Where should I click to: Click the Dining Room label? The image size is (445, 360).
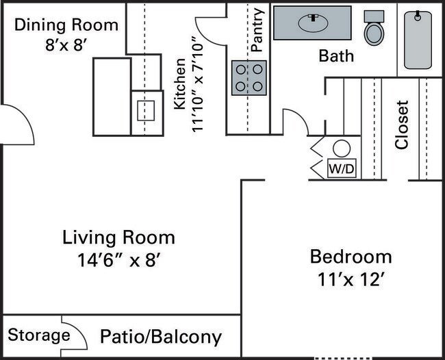pos(66,25)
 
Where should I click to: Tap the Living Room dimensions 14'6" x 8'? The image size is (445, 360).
pos(118,261)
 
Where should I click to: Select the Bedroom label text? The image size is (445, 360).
pos(351,257)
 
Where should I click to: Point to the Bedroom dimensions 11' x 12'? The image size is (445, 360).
pos(351,279)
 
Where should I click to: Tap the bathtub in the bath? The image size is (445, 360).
pos(418,40)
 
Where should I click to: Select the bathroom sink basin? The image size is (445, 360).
pos(313,23)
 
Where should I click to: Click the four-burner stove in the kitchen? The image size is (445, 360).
pos(249,77)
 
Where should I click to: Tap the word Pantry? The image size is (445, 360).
pos(257,30)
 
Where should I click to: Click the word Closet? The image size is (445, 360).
pos(402,125)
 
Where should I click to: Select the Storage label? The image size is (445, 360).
pos(39,335)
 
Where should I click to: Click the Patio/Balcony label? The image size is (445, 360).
pos(161,337)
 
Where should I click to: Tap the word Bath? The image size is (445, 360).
pos(336,55)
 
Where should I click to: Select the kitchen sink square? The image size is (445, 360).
pos(147,110)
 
